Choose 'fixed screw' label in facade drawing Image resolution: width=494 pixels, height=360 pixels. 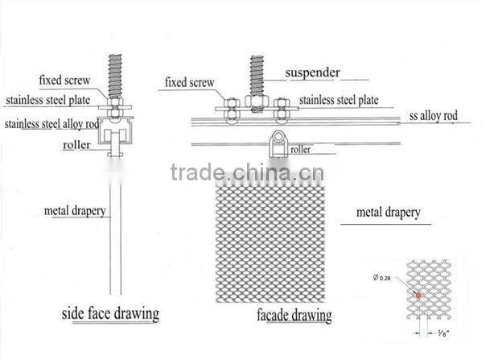190,82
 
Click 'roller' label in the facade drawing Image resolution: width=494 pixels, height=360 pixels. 301,149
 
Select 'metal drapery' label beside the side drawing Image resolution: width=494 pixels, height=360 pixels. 76,212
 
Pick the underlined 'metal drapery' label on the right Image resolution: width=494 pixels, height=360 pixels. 388,213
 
